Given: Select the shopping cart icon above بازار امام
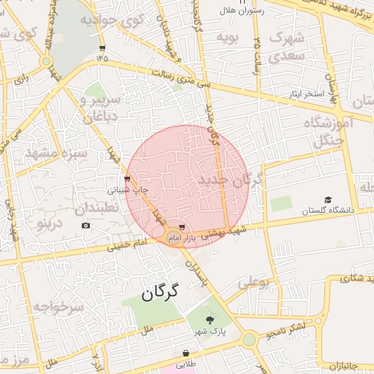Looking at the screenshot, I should tap(182, 228).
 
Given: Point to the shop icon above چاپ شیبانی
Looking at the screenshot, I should tap(128, 178).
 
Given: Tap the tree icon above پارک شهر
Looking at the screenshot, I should tap(211, 319).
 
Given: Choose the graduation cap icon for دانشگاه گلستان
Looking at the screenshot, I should tap(328, 199).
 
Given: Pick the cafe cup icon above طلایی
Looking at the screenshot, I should tap(186, 353).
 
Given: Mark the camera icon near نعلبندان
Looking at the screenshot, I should tap(86, 225).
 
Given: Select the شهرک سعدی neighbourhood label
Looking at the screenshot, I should tap(286, 45).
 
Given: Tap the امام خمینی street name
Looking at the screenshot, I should tap(128, 245).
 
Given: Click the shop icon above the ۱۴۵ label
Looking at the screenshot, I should tap(101, 48).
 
